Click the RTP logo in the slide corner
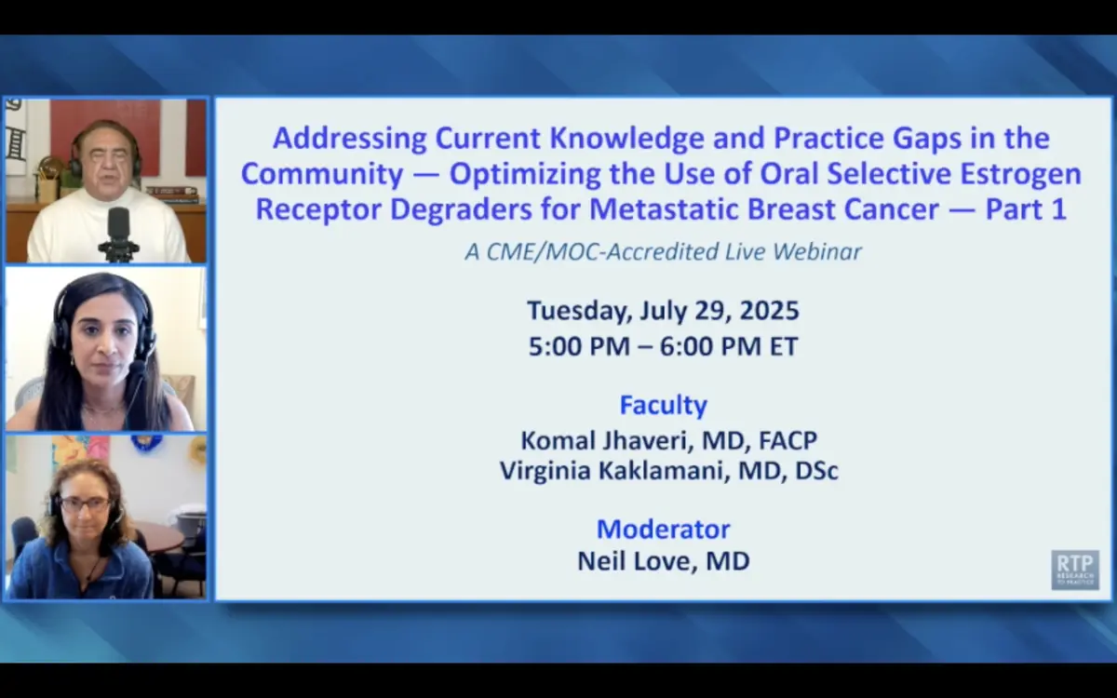click(x=1075, y=570)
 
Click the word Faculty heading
click(x=663, y=406)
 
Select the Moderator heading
click(x=663, y=529)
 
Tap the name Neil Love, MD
click(x=663, y=561)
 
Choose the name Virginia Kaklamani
click(x=612, y=471)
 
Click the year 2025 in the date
click(x=770, y=311)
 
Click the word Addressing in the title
click(x=350, y=139)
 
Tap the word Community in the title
click(x=322, y=175)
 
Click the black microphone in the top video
click(x=119, y=235)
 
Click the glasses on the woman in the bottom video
click(x=86, y=503)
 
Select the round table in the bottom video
click(x=160, y=539)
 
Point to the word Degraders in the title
click(x=461, y=210)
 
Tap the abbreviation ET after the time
click(x=784, y=346)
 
